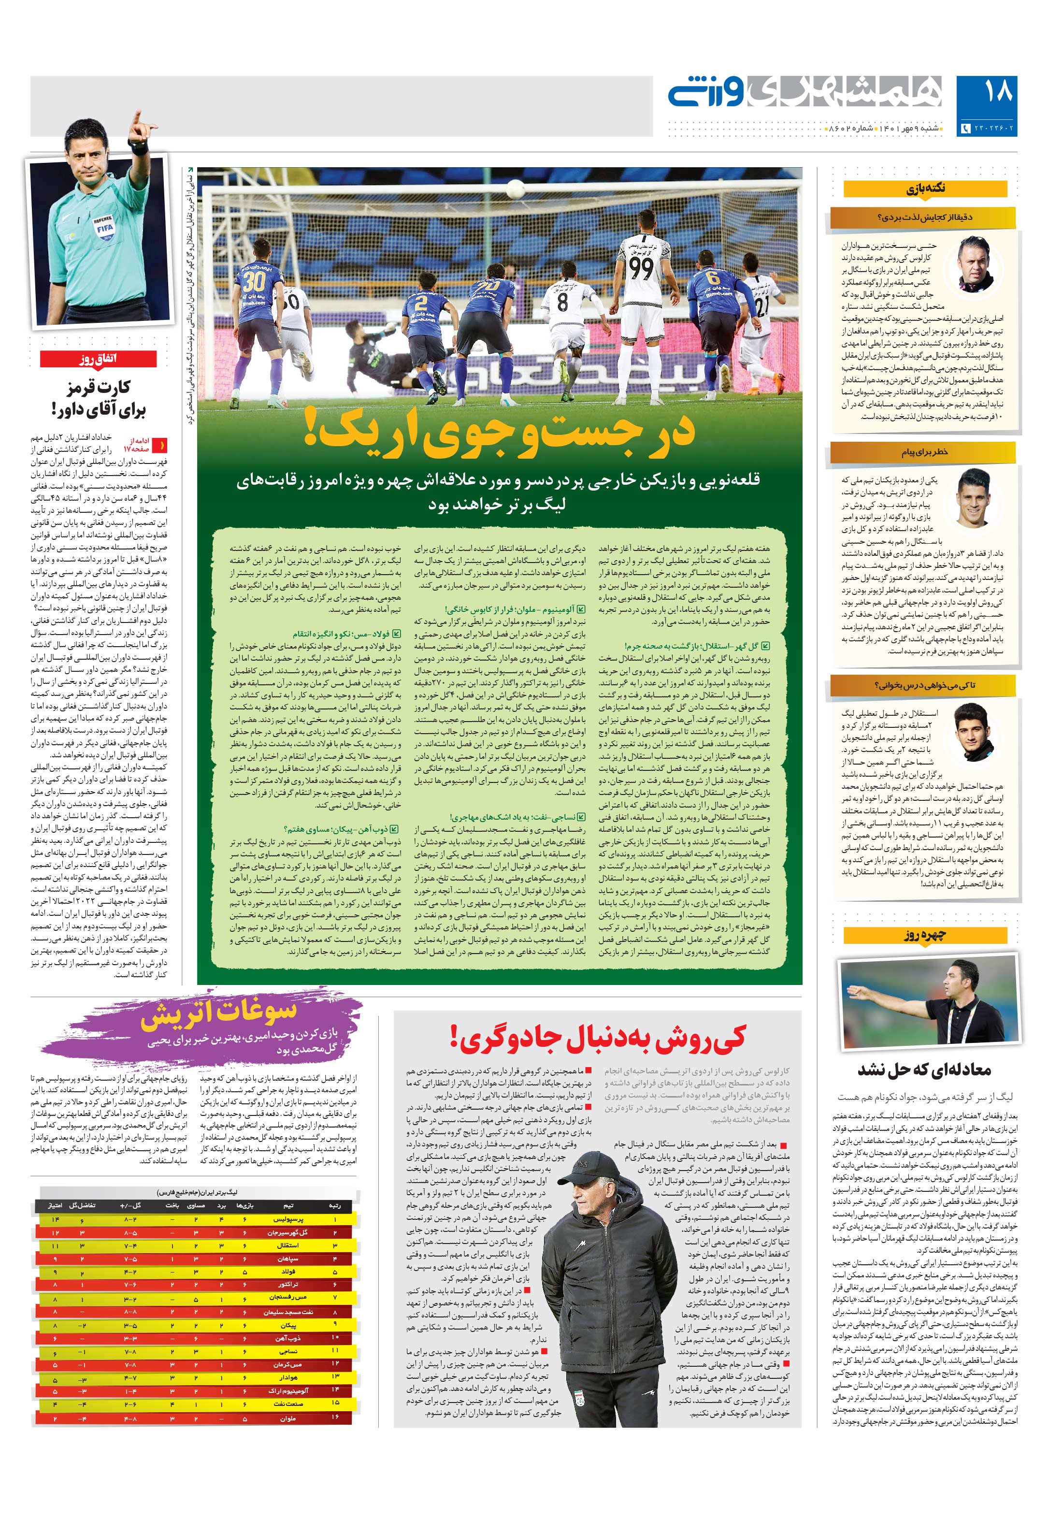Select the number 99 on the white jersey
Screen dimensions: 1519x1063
[640, 267]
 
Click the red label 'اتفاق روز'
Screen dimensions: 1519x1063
[98, 359]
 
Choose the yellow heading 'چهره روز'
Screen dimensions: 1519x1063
[924, 935]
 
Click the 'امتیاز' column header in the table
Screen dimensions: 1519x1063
[55, 1205]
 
